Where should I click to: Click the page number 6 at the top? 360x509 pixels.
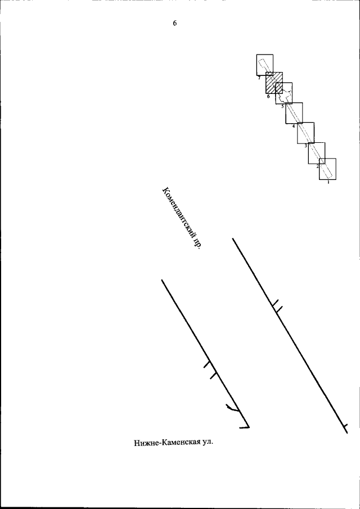pos(174,24)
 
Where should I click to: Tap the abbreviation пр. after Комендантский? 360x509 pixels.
pos(196,244)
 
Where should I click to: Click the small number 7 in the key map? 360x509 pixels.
pos(259,78)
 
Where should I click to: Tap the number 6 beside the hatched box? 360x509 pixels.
pos(268,96)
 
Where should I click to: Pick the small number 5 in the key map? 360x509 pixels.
pos(282,106)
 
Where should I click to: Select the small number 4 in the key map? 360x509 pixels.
pos(294,126)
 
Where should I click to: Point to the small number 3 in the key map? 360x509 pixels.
pos(306,146)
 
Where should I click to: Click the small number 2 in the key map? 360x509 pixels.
pos(317,166)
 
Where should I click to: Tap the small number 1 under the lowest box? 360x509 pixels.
pos(328,182)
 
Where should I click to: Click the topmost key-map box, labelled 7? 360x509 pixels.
pos(256,65)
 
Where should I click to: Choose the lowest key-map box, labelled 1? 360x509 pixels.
pos(319,169)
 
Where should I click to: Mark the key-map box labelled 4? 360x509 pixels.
pos(286,113)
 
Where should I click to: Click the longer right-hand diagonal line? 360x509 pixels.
pos(290,335)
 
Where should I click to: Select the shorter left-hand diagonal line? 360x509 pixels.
pos(205,353)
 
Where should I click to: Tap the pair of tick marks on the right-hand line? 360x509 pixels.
pos(277,306)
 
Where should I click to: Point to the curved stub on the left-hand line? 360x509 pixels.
pos(232,409)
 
